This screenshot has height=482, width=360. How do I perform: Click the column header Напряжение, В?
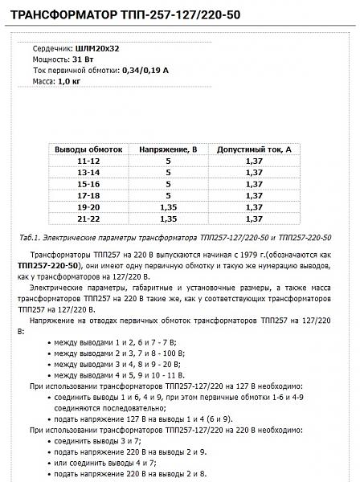coord(169,149)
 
